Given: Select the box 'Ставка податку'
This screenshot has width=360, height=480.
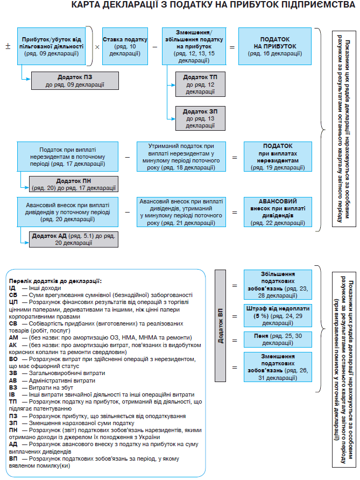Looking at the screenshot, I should (125, 47).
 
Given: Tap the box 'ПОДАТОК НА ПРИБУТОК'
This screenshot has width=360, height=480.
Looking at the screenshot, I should (275, 47).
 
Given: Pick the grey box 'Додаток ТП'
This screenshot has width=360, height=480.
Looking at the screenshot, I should (200, 84).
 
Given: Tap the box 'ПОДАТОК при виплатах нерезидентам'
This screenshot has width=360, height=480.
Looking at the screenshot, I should (278, 157).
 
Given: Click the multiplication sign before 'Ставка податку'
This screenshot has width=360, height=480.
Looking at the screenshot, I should (97, 47).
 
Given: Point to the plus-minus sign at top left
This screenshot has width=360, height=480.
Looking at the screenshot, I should (8, 46).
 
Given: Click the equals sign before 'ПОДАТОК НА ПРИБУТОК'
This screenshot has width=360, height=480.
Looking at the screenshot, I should (232, 47).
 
